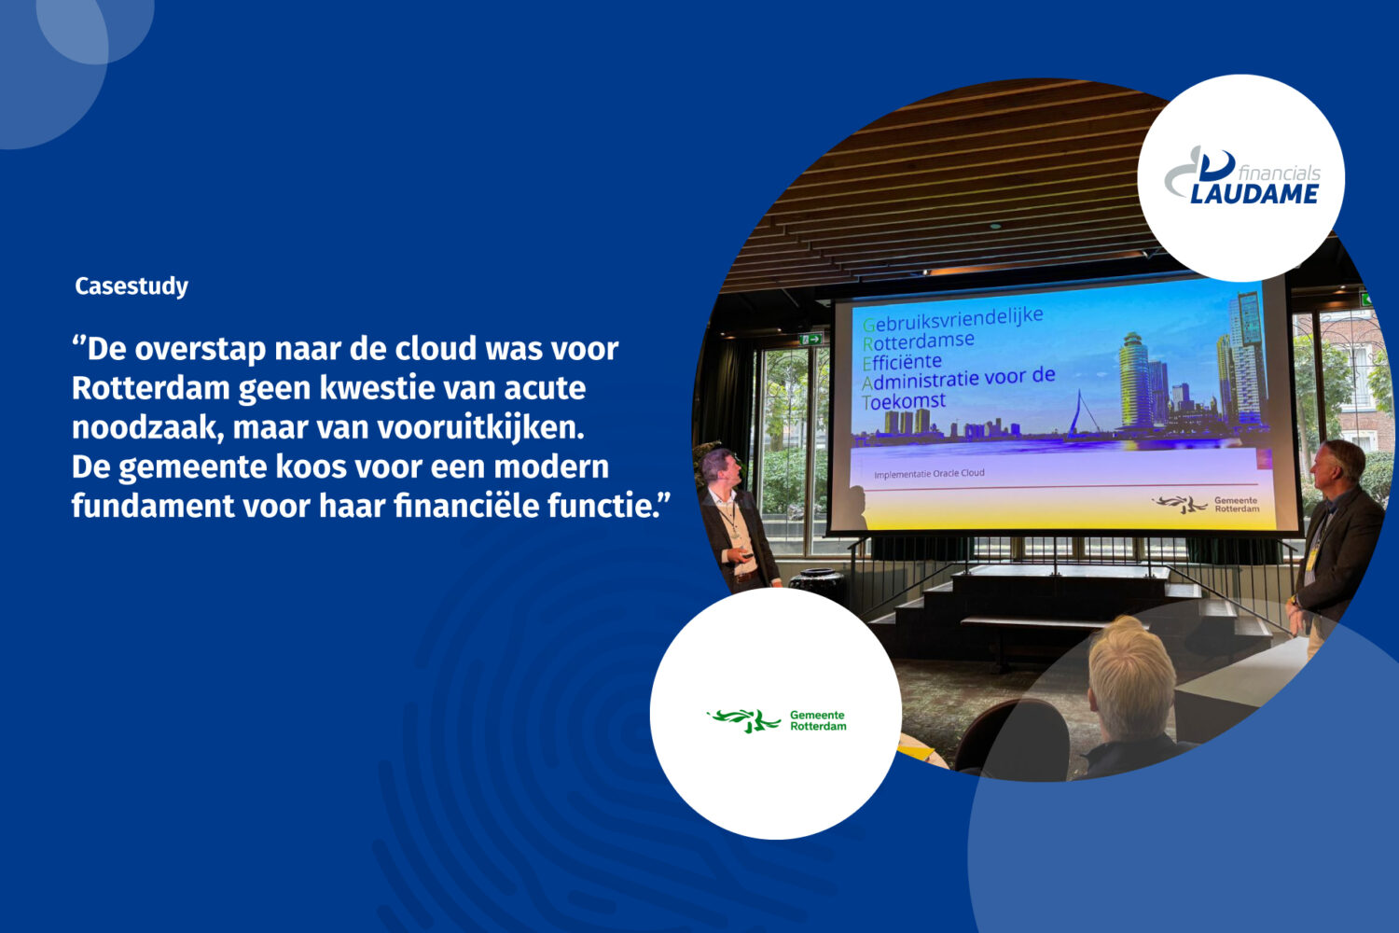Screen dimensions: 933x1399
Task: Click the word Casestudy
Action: (x=132, y=285)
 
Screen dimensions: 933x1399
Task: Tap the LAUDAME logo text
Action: (x=1254, y=194)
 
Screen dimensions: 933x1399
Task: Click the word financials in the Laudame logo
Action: (x=1279, y=173)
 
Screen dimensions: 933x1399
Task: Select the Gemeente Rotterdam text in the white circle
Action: (x=818, y=720)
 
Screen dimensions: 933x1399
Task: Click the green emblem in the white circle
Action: (x=743, y=720)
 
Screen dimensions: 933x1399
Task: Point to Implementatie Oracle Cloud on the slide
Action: (x=929, y=474)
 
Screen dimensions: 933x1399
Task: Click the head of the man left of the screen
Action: (x=717, y=466)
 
